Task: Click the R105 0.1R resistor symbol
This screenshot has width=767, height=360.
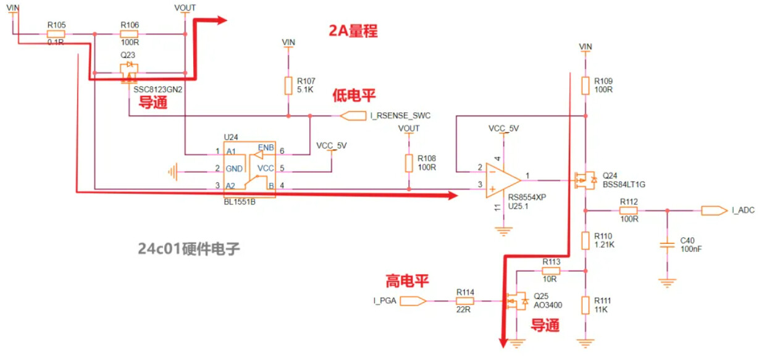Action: [56, 35]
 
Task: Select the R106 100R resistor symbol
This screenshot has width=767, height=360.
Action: [130, 35]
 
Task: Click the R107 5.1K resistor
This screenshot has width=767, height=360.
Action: [288, 86]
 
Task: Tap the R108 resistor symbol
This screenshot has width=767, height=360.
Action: [408, 163]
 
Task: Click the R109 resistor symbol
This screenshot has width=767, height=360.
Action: [585, 85]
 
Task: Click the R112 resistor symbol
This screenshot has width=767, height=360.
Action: [629, 211]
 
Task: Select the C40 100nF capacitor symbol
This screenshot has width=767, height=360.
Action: [666, 245]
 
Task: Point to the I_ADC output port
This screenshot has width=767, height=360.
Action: [714, 211]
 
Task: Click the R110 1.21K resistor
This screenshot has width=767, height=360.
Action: [585, 240]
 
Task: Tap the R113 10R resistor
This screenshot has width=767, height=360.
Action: [551, 270]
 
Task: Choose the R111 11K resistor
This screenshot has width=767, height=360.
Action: [585, 304]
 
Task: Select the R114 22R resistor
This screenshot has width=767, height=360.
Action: [465, 301]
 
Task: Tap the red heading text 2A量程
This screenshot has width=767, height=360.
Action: [353, 31]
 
